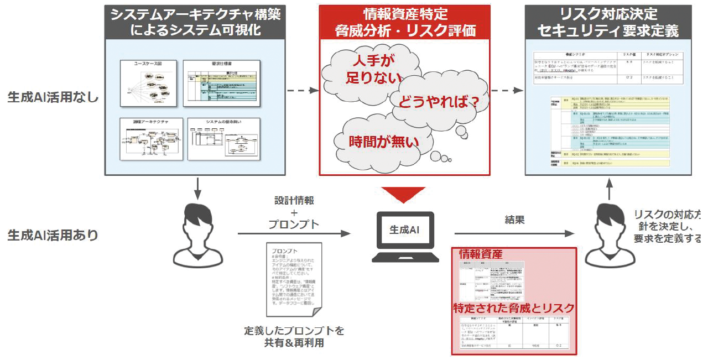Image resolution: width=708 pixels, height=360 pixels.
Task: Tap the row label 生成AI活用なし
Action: tap(53, 97)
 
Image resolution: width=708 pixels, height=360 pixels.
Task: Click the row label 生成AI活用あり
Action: tap(53, 235)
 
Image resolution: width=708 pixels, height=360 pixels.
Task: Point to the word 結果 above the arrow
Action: tap(514, 220)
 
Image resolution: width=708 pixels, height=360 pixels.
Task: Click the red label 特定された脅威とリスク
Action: tap(513, 308)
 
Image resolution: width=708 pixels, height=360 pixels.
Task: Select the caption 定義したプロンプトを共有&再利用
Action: tap(294, 337)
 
